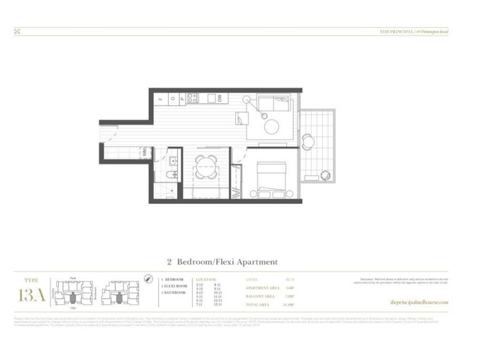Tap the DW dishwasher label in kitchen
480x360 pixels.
coord(220,98)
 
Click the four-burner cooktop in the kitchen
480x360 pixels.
coord(192,98)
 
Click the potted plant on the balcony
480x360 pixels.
coord(325,175)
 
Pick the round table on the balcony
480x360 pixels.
coord(308,142)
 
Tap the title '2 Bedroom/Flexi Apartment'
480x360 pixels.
coord(222,262)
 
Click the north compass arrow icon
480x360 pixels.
coord(148,278)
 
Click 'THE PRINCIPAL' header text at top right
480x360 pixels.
coord(396,31)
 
